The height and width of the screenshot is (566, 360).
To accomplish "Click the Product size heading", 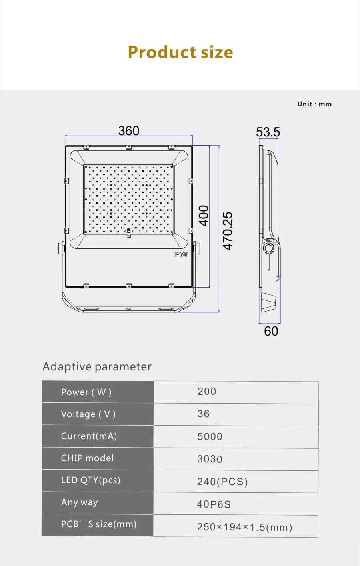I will click(x=180, y=52).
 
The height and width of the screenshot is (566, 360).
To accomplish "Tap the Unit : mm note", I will click(x=314, y=104).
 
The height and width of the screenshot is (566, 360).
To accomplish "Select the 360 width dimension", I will click(x=129, y=131).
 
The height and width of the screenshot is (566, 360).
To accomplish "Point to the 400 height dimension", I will click(x=204, y=216).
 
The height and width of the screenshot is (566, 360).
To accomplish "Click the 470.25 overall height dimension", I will click(x=227, y=231).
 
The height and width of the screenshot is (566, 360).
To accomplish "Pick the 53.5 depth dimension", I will click(x=268, y=132).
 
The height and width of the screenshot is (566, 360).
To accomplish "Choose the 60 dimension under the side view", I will click(x=271, y=331).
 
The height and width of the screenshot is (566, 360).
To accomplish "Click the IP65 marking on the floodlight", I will click(x=180, y=254).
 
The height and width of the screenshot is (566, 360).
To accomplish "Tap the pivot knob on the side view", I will click(x=268, y=248).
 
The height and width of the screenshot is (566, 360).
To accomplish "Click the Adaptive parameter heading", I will click(x=97, y=367).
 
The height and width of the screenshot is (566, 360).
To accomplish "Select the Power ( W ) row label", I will click(x=86, y=392).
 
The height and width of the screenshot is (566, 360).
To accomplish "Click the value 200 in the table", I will click(x=207, y=392).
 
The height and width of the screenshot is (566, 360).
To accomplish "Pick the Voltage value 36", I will click(x=203, y=414).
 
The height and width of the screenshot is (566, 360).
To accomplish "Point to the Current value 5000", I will click(x=210, y=437).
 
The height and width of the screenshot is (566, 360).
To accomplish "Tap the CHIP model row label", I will click(x=87, y=458).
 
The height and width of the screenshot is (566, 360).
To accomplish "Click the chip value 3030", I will click(x=210, y=459).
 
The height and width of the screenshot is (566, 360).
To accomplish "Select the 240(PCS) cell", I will click(x=222, y=482).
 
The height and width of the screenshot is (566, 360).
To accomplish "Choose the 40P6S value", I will click(x=214, y=504).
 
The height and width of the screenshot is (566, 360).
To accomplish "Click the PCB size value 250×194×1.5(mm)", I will click(x=244, y=527).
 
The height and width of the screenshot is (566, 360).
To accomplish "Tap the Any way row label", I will click(x=79, y=502).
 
